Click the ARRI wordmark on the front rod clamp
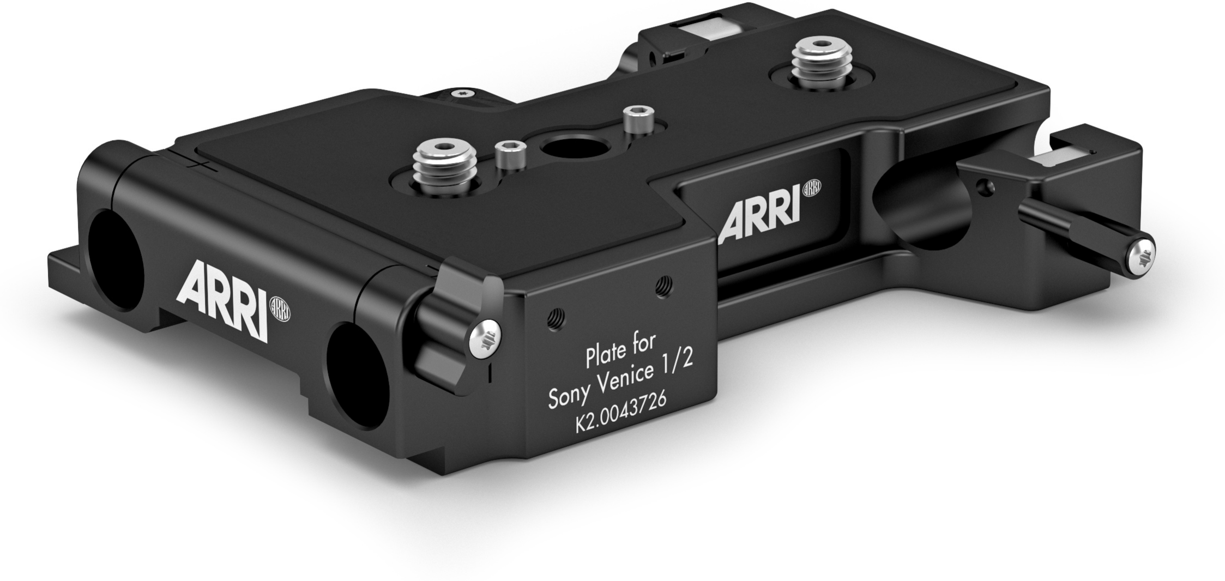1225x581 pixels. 223,300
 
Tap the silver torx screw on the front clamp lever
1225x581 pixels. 485,339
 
